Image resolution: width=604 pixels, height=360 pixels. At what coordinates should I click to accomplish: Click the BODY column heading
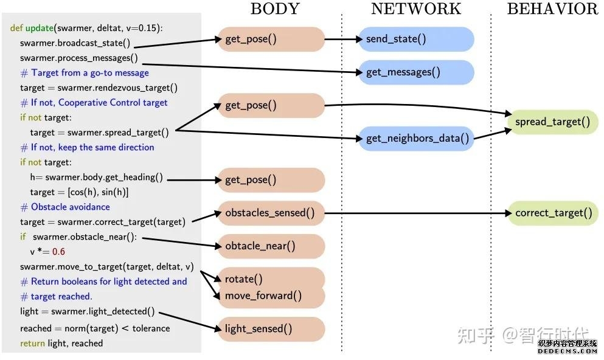coord(275,9)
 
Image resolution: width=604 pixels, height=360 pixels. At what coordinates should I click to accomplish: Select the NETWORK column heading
coord(416,9)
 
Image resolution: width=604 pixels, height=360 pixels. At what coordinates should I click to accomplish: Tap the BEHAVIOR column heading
coord(552,9)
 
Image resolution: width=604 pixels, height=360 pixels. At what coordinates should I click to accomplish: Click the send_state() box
coord(416,39)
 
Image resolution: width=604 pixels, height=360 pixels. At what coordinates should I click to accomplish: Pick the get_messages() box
coord(416,72)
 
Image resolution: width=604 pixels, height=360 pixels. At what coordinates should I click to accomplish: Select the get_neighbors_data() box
coord(416,139)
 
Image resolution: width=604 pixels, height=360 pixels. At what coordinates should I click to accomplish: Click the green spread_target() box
coord(552,122)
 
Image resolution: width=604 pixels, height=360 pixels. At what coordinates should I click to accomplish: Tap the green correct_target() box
coord(552,213)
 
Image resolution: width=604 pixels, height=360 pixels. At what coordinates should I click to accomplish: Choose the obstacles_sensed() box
coord(271,213)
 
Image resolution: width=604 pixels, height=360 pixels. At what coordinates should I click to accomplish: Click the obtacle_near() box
coord(271,246)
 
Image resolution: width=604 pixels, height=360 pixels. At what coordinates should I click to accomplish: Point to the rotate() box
coord(271,279)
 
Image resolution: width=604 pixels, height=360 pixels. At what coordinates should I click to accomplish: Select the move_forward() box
coord(271,296)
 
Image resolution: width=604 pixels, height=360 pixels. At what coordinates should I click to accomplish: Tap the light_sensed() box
coord(271,329)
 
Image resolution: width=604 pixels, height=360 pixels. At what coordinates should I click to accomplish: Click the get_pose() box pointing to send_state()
coord(271,39)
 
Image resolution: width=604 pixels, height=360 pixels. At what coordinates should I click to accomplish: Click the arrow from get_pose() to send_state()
coord(342,39)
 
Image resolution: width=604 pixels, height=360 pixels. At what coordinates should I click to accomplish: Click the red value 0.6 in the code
coord(58,252)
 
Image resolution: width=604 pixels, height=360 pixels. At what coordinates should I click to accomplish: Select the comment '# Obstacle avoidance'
coord(65,207)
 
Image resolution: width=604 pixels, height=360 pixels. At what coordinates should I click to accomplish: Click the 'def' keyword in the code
coord(16,29)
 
